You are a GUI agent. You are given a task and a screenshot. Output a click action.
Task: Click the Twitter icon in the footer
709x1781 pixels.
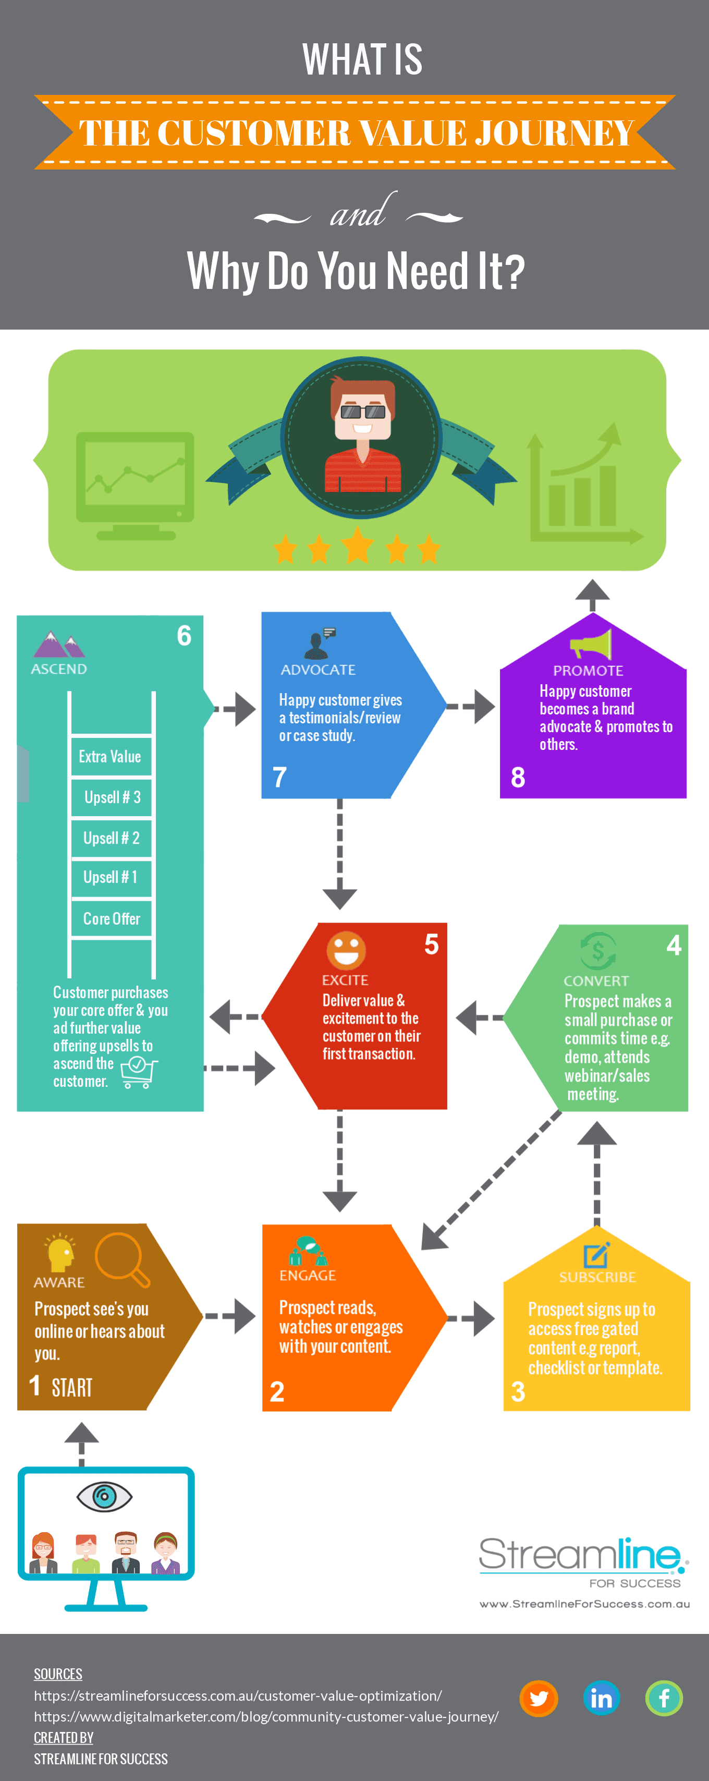[539, 1698]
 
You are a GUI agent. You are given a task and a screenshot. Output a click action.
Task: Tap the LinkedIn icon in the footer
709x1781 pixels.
[601, 1698]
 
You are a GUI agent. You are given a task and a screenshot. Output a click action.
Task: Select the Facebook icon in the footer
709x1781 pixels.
[664, 1698]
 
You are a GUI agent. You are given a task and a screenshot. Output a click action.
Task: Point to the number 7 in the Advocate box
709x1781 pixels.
[280, 777]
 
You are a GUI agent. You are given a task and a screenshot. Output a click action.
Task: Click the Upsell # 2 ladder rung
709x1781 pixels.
[111, 838]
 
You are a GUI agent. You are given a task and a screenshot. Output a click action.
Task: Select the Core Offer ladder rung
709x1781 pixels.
[111, 918]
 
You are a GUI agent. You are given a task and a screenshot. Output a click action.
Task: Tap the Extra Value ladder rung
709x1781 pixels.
[110, 756]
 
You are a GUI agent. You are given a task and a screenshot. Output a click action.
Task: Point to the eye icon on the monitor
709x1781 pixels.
[104, 1497]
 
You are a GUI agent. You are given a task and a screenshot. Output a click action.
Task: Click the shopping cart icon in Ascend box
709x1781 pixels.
[138, 1072]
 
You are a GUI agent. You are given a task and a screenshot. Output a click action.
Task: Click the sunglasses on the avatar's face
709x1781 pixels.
[363, 411]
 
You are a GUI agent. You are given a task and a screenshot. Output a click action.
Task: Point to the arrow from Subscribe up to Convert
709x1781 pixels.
[596, 1168]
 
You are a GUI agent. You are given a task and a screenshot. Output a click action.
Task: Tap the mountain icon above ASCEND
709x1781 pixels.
[59, 645]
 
